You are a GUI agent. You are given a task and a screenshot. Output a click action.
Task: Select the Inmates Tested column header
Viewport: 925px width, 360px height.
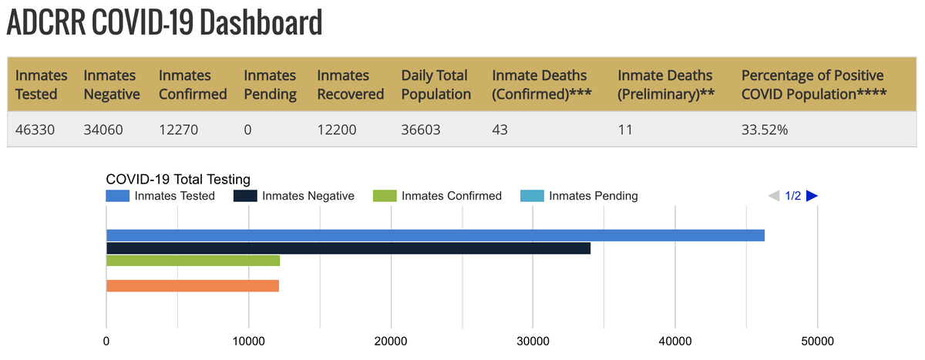41,85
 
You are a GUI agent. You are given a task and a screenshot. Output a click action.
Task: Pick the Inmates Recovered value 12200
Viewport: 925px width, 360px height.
337,130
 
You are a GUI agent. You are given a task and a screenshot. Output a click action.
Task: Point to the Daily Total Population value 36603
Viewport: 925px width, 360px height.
421,130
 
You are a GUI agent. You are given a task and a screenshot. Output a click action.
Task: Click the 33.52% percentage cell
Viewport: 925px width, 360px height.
765,130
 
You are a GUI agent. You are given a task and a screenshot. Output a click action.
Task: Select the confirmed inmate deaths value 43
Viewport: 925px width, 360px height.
501,130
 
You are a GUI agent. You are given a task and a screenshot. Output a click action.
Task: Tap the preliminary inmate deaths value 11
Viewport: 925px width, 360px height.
624,130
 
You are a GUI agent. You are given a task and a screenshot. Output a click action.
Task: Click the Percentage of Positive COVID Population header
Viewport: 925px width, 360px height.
813,85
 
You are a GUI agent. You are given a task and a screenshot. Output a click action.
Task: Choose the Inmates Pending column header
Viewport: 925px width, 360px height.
270,85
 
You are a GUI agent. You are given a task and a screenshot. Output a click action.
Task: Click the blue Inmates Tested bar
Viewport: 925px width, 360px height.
435,235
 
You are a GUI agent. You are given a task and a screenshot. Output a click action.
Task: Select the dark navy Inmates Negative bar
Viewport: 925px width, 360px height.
348,248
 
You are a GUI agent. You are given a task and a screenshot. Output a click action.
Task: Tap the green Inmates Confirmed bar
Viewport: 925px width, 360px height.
193,261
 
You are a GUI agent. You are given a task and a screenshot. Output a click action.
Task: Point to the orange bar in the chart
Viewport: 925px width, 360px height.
192,286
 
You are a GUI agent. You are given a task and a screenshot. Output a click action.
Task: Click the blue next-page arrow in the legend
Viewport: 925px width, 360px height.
812,196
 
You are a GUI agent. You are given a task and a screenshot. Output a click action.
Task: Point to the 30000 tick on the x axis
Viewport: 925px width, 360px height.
533,341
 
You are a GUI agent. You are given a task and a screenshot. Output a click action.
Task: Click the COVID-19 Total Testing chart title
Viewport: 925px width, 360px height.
178,180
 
